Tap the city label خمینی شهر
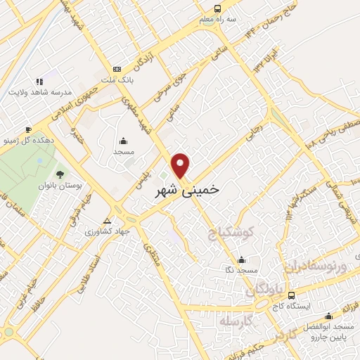186,189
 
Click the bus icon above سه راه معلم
217,9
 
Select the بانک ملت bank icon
117,69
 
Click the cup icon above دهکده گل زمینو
28,129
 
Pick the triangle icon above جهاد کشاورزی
108,219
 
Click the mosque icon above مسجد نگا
242,259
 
